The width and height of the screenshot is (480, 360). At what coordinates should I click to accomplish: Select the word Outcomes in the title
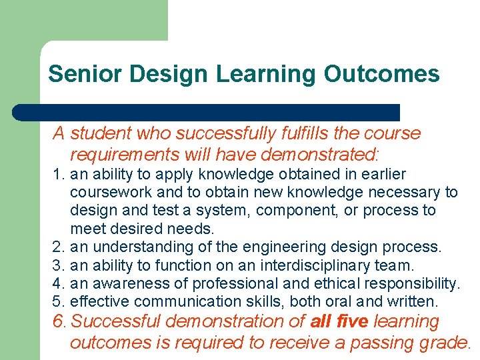[381, 73]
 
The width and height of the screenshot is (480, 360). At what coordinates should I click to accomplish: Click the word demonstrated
[319, 155]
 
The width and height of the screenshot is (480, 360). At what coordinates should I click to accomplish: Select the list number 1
[58, 175]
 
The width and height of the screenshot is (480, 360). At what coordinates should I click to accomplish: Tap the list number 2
[58, 247]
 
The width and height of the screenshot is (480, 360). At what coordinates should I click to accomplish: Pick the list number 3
[58, 265]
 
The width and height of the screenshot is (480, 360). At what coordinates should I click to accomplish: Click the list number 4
[58, 284]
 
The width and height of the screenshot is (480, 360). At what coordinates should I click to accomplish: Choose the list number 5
[58, 302]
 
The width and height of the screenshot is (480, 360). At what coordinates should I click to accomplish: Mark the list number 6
[59, 322]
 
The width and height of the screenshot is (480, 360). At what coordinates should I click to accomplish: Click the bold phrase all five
[339, 322]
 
